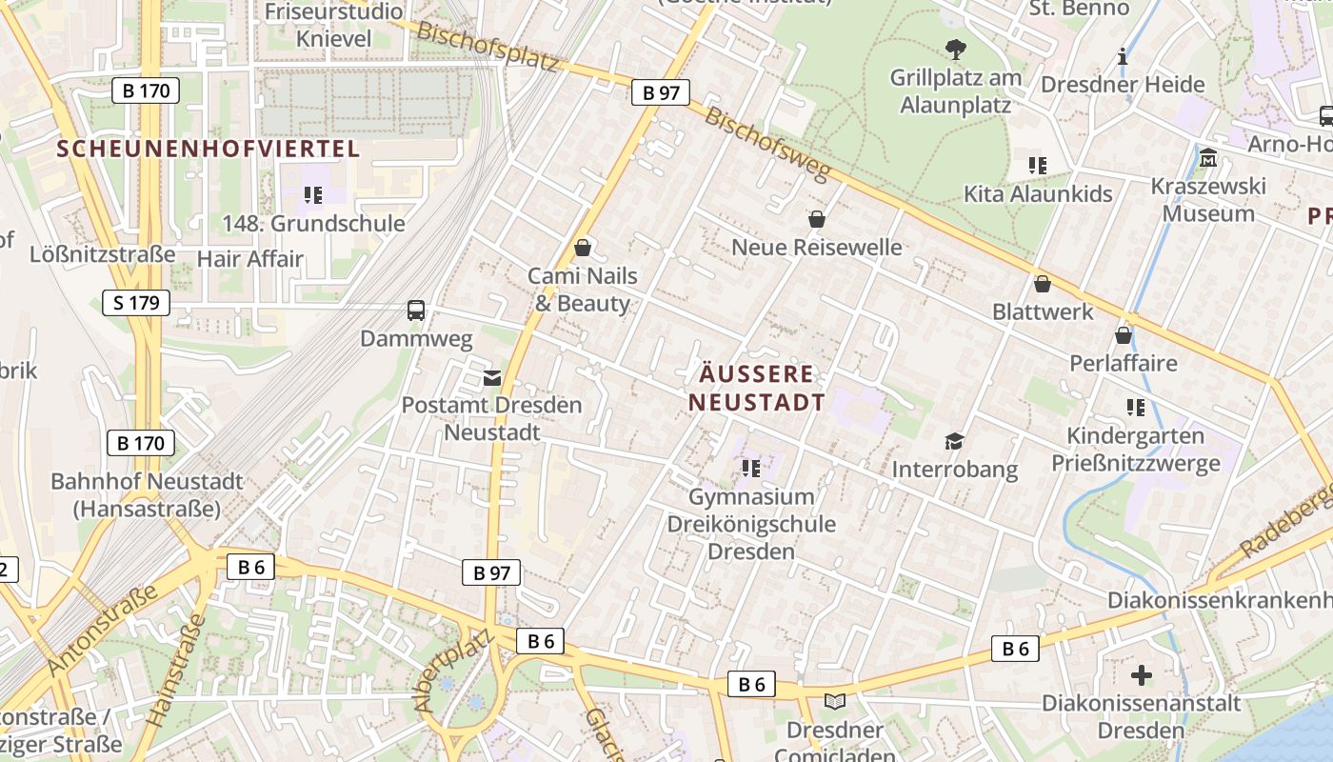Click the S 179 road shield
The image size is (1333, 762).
(136, 303)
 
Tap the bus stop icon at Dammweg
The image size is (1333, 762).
(416, 310)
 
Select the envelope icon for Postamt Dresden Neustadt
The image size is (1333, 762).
(491, 378)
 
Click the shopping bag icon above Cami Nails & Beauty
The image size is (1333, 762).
(583, 248)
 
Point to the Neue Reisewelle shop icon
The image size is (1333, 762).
(816, 219)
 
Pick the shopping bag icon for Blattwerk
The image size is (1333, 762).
(1043, 284)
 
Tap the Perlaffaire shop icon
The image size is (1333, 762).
(1124, 335)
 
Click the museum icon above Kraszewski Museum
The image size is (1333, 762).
(1208, 157)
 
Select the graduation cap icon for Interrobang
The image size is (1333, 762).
(954, 441)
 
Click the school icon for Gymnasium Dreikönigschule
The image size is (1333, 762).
(751, 468)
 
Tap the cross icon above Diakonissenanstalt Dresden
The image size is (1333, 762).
(1142, 676)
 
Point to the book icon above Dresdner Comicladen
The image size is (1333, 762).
(835, 702)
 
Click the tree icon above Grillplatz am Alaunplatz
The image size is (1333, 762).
(955, 49)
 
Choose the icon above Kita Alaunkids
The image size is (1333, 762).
(1038, 166)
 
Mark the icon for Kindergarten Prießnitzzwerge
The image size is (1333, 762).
(1135, 408)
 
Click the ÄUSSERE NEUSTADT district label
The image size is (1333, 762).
(757, 388)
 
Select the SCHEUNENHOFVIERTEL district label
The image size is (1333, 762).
(209, 149)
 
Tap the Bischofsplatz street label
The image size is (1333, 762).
(487, 46)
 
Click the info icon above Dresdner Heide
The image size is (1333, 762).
(1123, 56)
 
